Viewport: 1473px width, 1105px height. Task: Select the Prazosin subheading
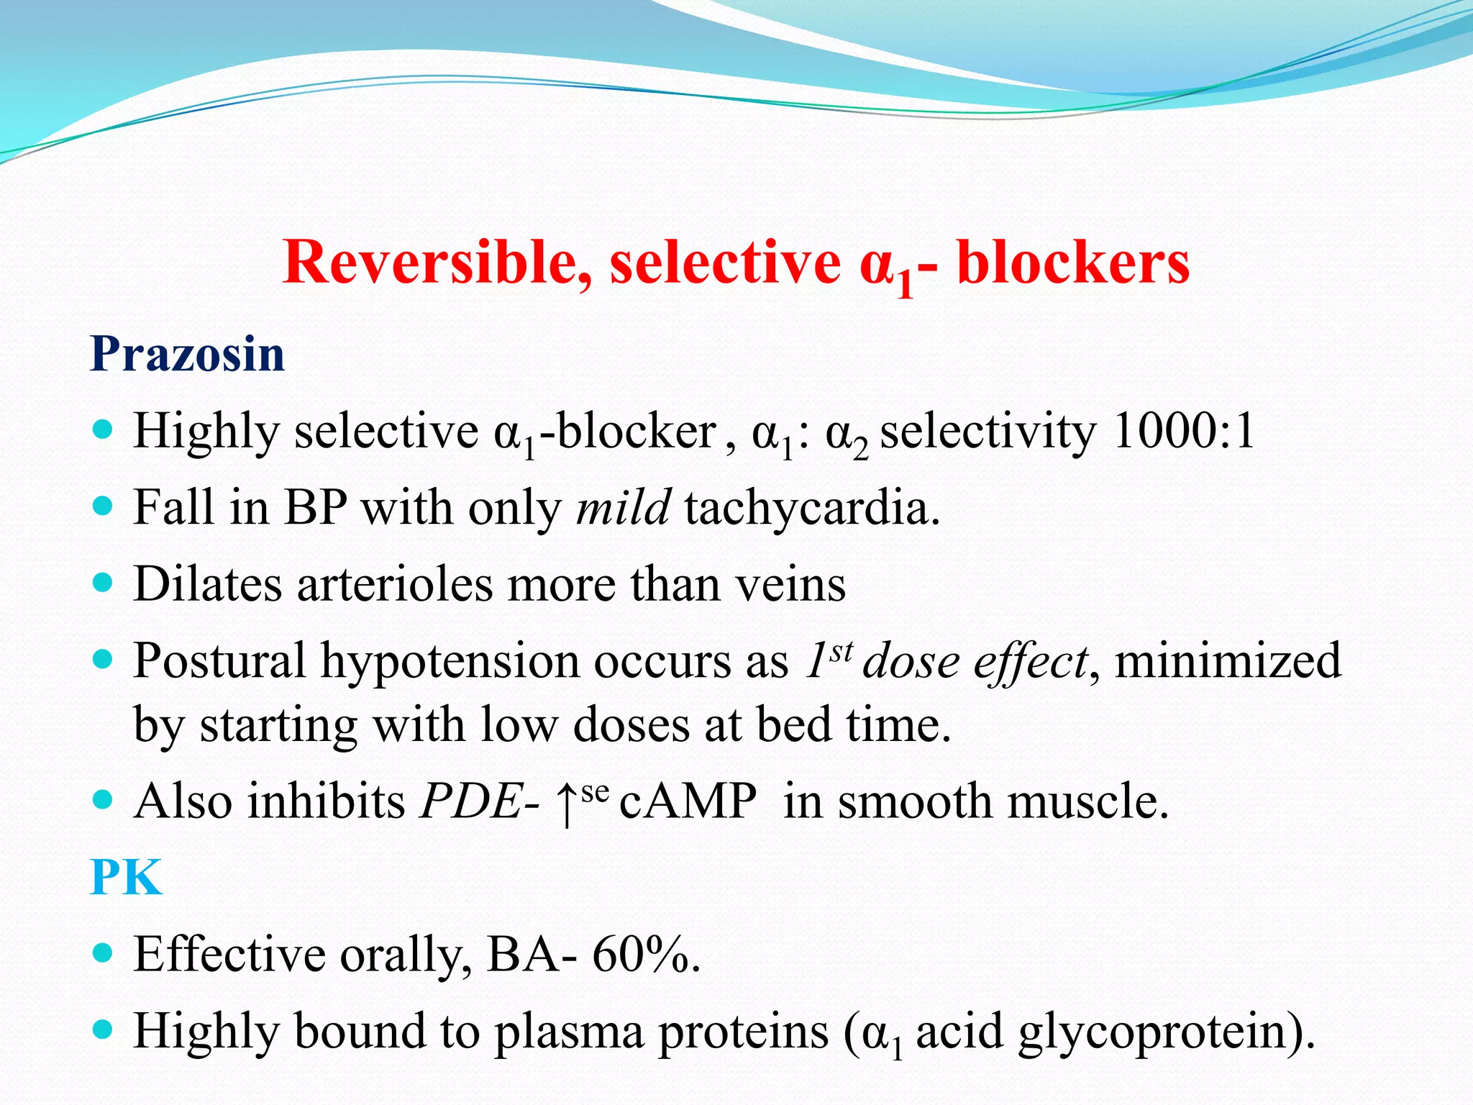[187, 354]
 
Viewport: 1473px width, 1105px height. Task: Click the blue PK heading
[127, 877]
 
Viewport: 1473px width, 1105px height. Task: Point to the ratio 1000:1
[1183, 432]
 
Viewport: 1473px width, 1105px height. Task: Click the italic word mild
[623, 507]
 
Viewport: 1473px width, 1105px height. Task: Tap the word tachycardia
[811, 509]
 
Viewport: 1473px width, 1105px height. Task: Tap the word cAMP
[688, 801]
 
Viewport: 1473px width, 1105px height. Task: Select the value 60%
[644, 955]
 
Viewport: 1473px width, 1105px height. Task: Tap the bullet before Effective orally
[104, 953]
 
